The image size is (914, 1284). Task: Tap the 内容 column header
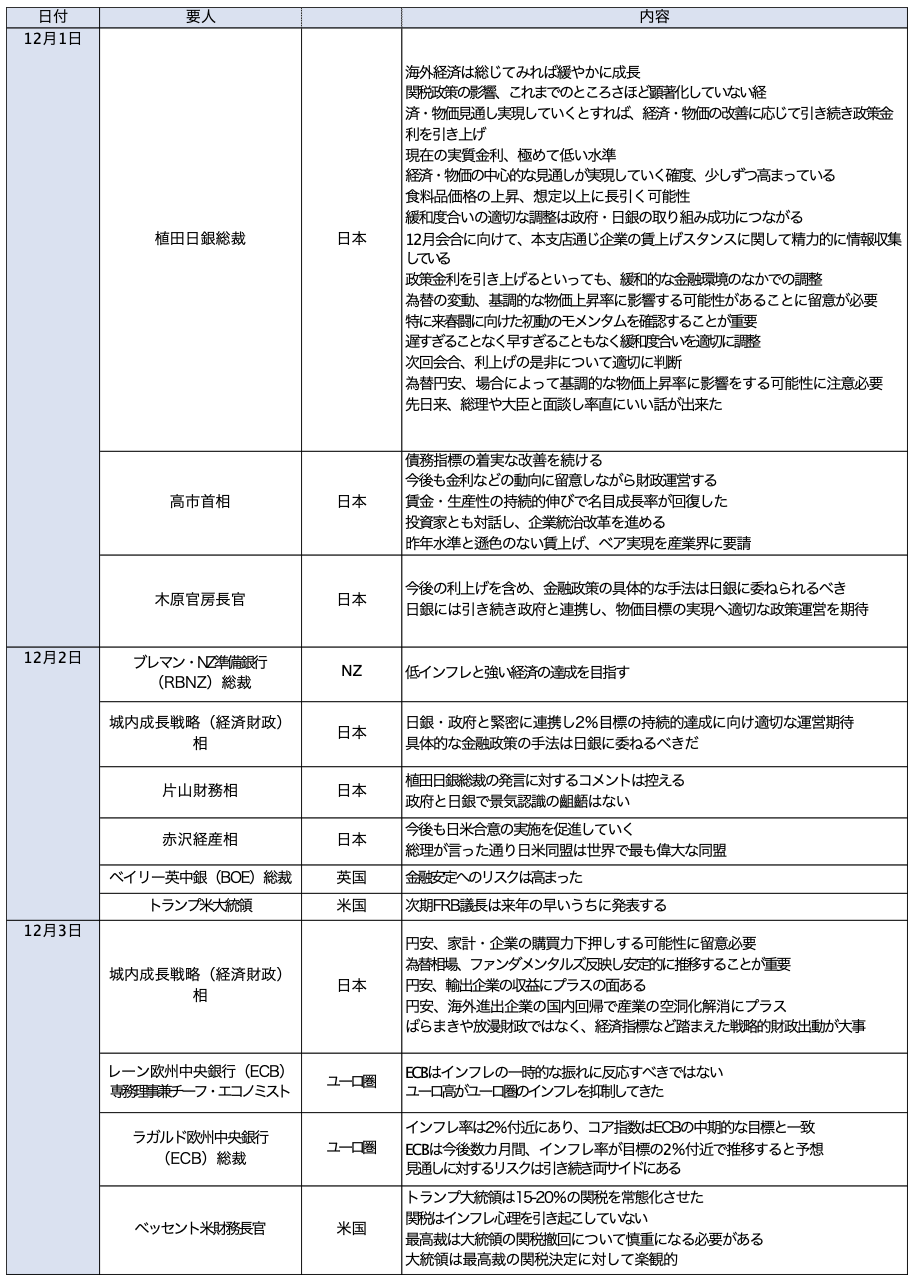coord(655,17)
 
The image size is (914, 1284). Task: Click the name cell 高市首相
coord(200,501)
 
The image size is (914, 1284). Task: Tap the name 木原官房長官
coord(200,599)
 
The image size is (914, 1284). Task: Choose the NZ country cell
coord(351,672)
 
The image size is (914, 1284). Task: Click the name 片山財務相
coord(200,790)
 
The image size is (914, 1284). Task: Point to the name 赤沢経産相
coord(200,839)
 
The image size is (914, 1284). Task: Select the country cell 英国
coord(351,878)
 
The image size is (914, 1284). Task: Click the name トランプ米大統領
coord(200,905)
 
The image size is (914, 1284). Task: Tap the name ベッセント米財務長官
coord(200,1227)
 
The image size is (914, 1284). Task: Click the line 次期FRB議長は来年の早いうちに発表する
coord(535,905)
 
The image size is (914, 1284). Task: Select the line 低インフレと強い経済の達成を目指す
coord(517,672)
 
